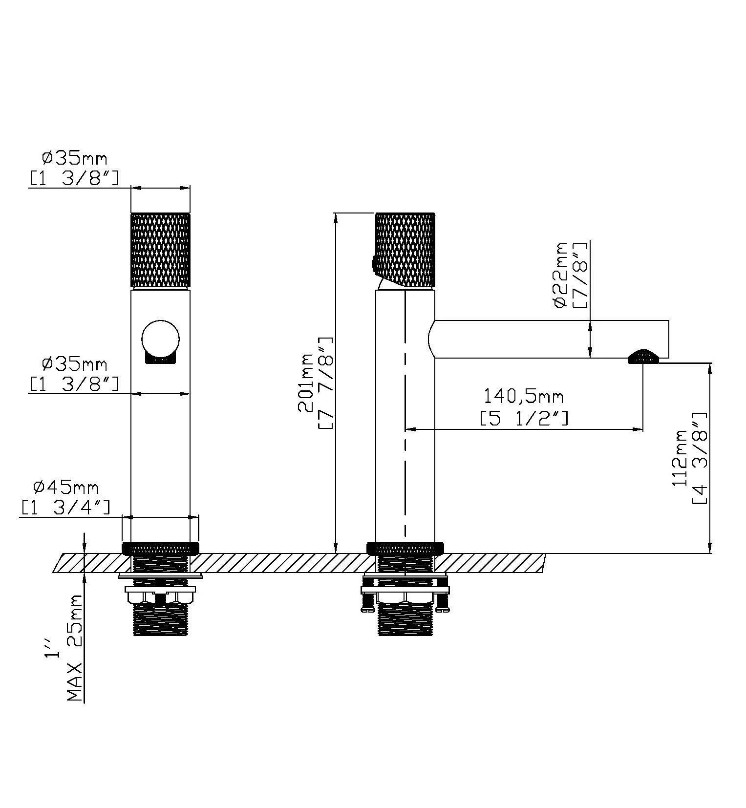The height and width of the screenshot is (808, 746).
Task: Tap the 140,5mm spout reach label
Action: pos(523,396)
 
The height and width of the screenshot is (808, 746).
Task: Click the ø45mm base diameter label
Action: pos(66,488)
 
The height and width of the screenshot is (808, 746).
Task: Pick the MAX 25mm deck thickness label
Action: pos(75,648)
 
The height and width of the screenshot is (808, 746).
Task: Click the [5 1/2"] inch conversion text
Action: pos(524,419)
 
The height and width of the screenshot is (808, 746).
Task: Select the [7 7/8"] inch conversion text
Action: pos(326,383)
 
